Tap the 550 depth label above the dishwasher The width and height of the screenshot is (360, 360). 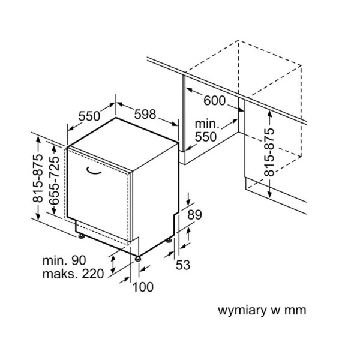(90, 116)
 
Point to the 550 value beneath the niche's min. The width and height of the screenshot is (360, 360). (205, 137)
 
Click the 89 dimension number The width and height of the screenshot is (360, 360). (195, 215)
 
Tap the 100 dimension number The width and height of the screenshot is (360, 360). (143, 287)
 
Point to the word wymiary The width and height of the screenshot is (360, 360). (239, 310)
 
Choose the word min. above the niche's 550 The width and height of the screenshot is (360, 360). (206, 124)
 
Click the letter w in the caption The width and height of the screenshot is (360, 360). (273, 310)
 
